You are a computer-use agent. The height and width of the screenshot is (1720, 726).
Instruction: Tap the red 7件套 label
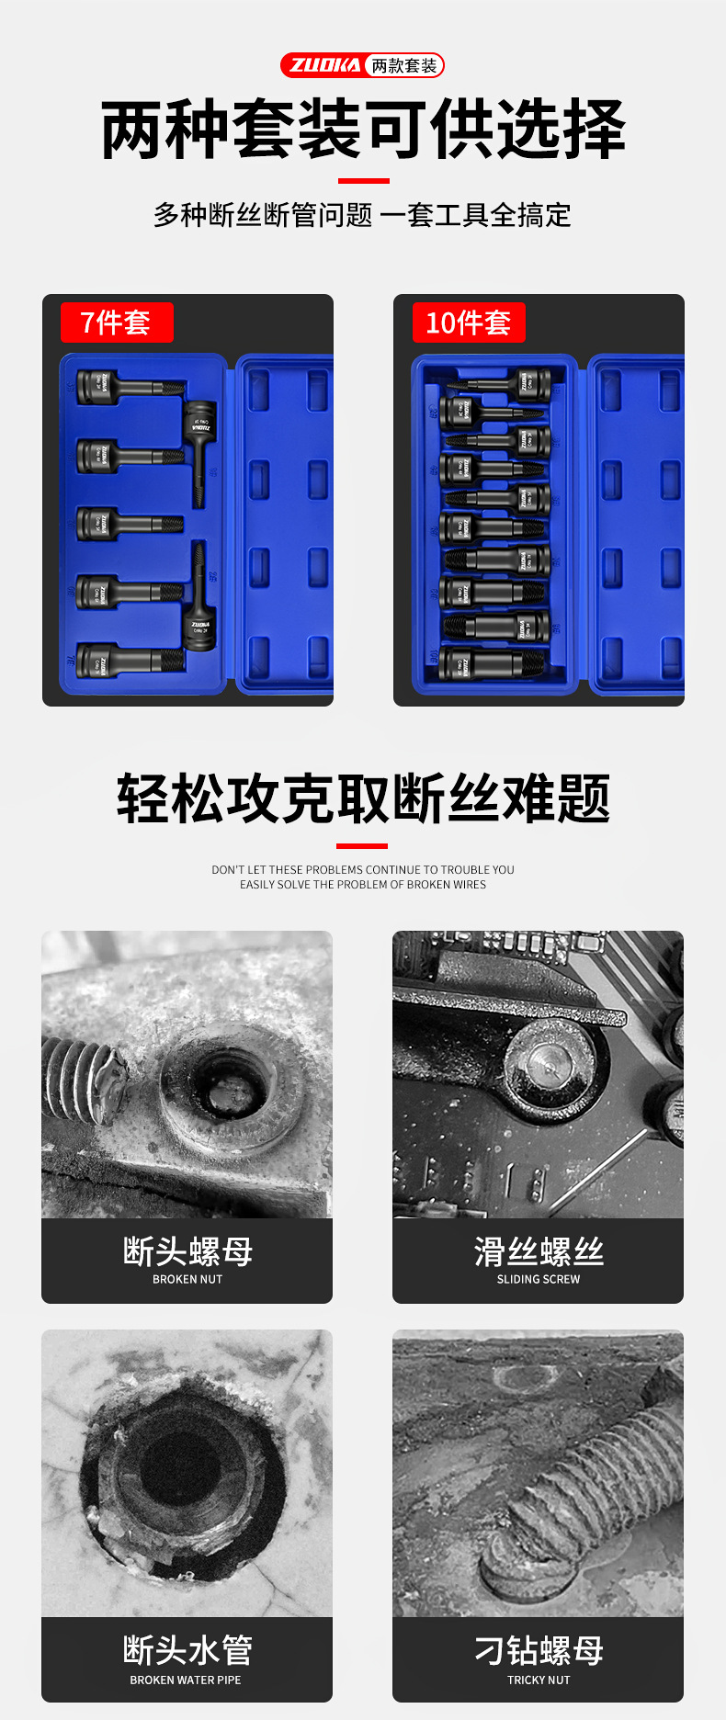point(116,322)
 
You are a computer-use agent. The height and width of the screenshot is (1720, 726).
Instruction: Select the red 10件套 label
point(469,322)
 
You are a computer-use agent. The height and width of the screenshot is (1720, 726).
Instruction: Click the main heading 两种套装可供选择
point(363,130)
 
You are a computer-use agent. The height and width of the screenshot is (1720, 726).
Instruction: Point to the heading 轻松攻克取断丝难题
point(363,798)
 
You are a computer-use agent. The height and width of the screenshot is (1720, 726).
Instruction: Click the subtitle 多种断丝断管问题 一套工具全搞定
point(363,215)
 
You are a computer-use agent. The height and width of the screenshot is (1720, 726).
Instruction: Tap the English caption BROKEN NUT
point(187,1279)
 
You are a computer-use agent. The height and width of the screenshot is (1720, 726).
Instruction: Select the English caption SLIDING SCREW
point(539,1279)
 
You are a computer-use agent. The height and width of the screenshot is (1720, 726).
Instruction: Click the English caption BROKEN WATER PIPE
point(186,1680)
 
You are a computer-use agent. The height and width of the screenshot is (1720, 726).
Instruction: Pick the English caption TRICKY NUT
point(539,1680)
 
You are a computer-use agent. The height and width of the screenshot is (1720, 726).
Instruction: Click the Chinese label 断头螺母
point(187,1251)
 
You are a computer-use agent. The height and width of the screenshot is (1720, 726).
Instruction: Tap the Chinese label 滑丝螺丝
point(539,1251)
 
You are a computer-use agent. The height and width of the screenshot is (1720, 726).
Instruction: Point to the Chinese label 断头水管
point(187,1650)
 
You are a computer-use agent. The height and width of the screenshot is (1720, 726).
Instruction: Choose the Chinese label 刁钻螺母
point(539,1650)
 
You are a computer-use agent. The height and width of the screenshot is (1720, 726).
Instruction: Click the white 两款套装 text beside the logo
point(404,65)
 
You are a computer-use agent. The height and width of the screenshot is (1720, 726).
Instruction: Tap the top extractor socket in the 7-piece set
point(129,386)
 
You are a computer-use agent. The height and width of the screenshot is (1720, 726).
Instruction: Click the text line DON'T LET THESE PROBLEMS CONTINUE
point(363,869)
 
